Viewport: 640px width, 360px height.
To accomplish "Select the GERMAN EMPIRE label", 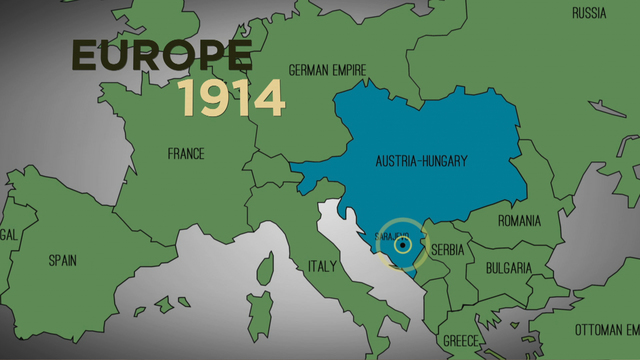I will [327, 70].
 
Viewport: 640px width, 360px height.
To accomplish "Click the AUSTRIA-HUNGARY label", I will [422, 160].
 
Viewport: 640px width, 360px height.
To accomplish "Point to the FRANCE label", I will [186, 153].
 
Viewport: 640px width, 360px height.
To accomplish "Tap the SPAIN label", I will [63, 260].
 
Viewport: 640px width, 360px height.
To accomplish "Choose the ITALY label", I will [322, 267].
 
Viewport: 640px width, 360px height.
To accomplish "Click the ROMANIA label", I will [519, 220].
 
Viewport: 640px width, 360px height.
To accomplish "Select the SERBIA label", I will [447, 249].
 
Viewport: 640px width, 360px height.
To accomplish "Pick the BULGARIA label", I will [508, 268].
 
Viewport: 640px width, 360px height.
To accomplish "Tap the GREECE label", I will [461, 339].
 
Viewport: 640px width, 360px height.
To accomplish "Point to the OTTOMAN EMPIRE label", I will [606, 329].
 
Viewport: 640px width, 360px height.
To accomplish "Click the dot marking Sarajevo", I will [402, 243].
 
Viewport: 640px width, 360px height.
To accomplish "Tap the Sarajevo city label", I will [385, 236].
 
